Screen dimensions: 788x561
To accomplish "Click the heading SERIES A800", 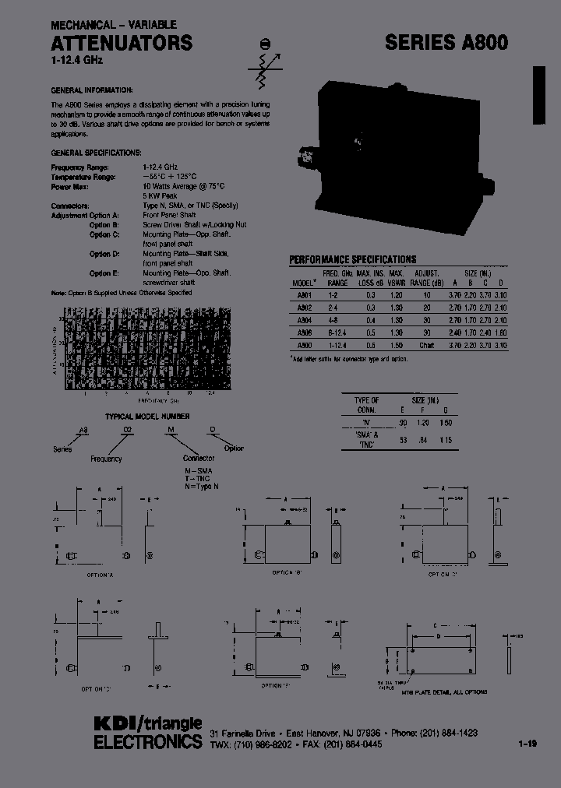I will pos(446,44).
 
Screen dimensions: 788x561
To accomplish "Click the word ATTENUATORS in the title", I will pos(122,43).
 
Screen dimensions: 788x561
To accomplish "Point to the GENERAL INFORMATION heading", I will pos(92,90).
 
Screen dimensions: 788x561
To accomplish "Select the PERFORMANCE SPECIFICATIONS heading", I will pos(353,259).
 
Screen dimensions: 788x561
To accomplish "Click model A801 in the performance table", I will pos(304,296).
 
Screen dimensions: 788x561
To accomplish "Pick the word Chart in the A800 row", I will pos(426,344).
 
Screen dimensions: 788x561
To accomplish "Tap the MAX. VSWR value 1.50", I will pos(396,344).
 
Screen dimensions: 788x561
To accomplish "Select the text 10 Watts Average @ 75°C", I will pos(184,187).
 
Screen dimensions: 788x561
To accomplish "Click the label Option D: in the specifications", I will pos(104,254).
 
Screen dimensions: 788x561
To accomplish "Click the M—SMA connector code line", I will pos(197,471).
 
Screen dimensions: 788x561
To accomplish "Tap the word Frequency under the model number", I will pos(106,459).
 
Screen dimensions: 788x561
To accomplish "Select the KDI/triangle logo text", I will pos(147,723).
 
